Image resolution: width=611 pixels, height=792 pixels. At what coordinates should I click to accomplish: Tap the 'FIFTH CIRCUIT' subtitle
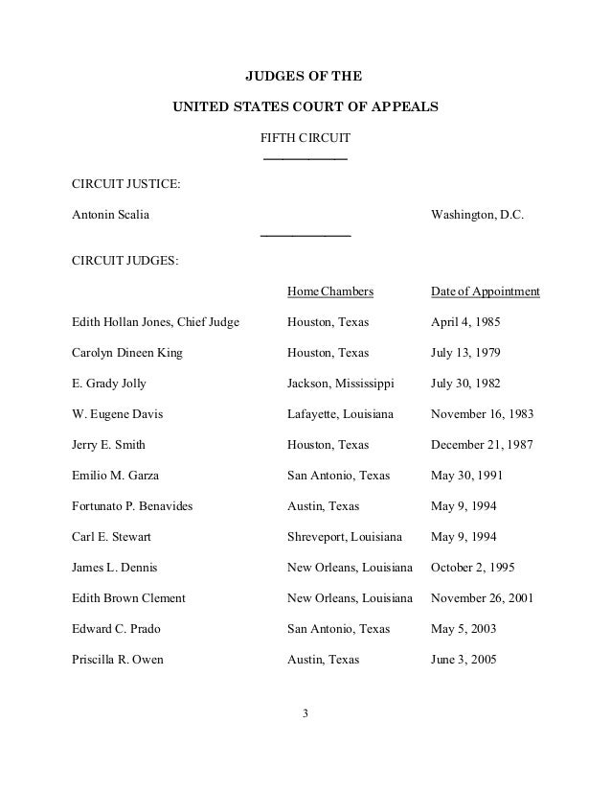click(305, 140)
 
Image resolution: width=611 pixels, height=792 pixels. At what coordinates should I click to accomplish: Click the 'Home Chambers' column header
click(329, 291)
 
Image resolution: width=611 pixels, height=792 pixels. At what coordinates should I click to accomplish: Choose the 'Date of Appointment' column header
click(486, 291)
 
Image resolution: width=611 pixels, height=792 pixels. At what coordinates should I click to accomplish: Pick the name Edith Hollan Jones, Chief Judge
click(155, 322)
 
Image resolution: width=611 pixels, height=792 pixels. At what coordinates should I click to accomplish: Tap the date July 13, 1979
click(465, 353)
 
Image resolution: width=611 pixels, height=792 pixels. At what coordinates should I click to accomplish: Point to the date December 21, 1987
click(482, 445)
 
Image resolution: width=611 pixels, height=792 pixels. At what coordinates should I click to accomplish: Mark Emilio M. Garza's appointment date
click(466, 476)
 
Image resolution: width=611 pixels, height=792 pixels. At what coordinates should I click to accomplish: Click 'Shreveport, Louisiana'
click(345, 537)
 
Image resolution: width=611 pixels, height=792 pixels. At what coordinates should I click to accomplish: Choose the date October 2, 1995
click(473, 568)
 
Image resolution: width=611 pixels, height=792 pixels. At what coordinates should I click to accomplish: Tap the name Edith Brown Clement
click(129, 598)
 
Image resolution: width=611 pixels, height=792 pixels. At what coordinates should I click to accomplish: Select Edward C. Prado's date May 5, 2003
click(463, 629)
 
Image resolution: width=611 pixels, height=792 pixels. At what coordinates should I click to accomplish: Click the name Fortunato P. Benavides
click(132, 506)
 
